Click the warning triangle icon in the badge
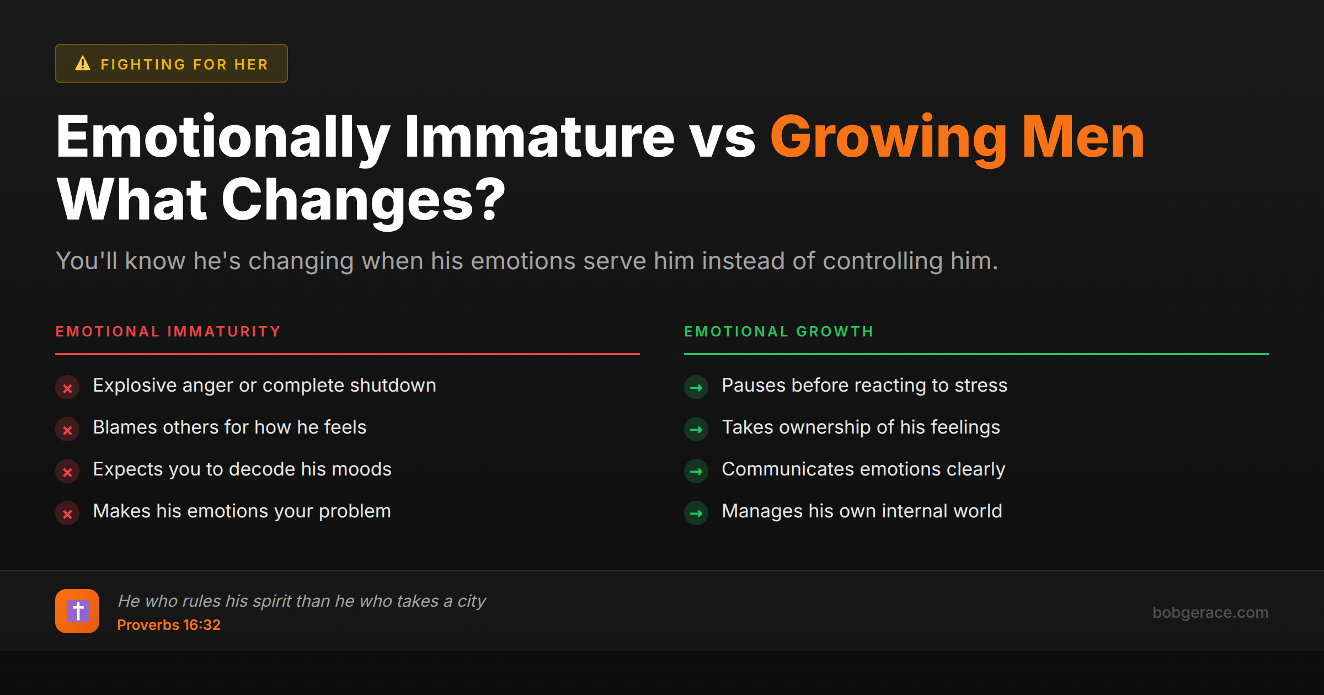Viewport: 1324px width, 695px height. (83, 63)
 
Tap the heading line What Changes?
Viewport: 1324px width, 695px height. (281, 200)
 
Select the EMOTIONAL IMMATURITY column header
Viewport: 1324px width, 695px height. (168, 332)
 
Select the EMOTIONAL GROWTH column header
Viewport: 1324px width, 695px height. (779, 332)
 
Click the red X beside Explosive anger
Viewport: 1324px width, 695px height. (67, 388)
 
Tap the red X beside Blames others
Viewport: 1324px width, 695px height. (67, 430)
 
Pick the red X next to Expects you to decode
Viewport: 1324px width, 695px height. (67, 472)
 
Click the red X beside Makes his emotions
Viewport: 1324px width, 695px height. (67, 514)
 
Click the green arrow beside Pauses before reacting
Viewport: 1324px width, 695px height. (696, 388)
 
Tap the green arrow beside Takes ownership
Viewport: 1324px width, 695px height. (696, 430)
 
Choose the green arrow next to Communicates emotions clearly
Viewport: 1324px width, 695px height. (696, 472)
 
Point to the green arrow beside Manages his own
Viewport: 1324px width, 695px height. (696, 514)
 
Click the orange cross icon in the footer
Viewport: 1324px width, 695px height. (77, 611)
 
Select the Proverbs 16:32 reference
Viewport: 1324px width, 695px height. (169, 625)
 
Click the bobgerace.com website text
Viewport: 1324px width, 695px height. (1210, 612)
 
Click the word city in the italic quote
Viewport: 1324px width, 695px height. (472, 601)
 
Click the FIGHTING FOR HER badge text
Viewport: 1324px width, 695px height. (184, 65)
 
